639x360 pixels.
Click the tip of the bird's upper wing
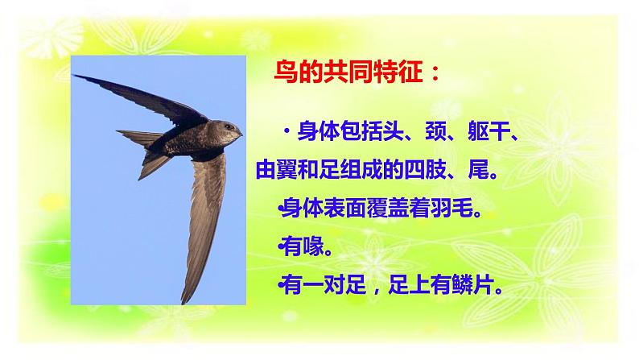point(76,77)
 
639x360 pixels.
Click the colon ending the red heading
point(435,75)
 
